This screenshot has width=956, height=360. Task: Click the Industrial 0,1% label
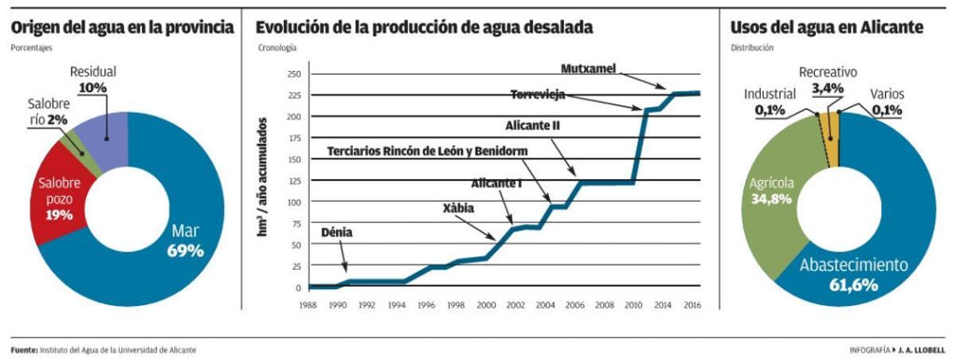point(770,102)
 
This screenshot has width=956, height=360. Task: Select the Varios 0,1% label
point(886,102)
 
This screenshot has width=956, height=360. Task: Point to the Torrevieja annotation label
point(538,95)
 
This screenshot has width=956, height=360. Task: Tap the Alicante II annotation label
point(535,125)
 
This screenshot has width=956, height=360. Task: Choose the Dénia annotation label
point(336,233)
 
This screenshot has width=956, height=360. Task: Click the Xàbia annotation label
point(458,208)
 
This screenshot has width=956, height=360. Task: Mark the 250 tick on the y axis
point(294,74)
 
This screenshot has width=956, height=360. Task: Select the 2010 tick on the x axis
point(633,304)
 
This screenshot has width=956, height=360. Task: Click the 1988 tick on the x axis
point(309,304)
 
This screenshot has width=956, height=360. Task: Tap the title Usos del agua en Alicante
point(827,28)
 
